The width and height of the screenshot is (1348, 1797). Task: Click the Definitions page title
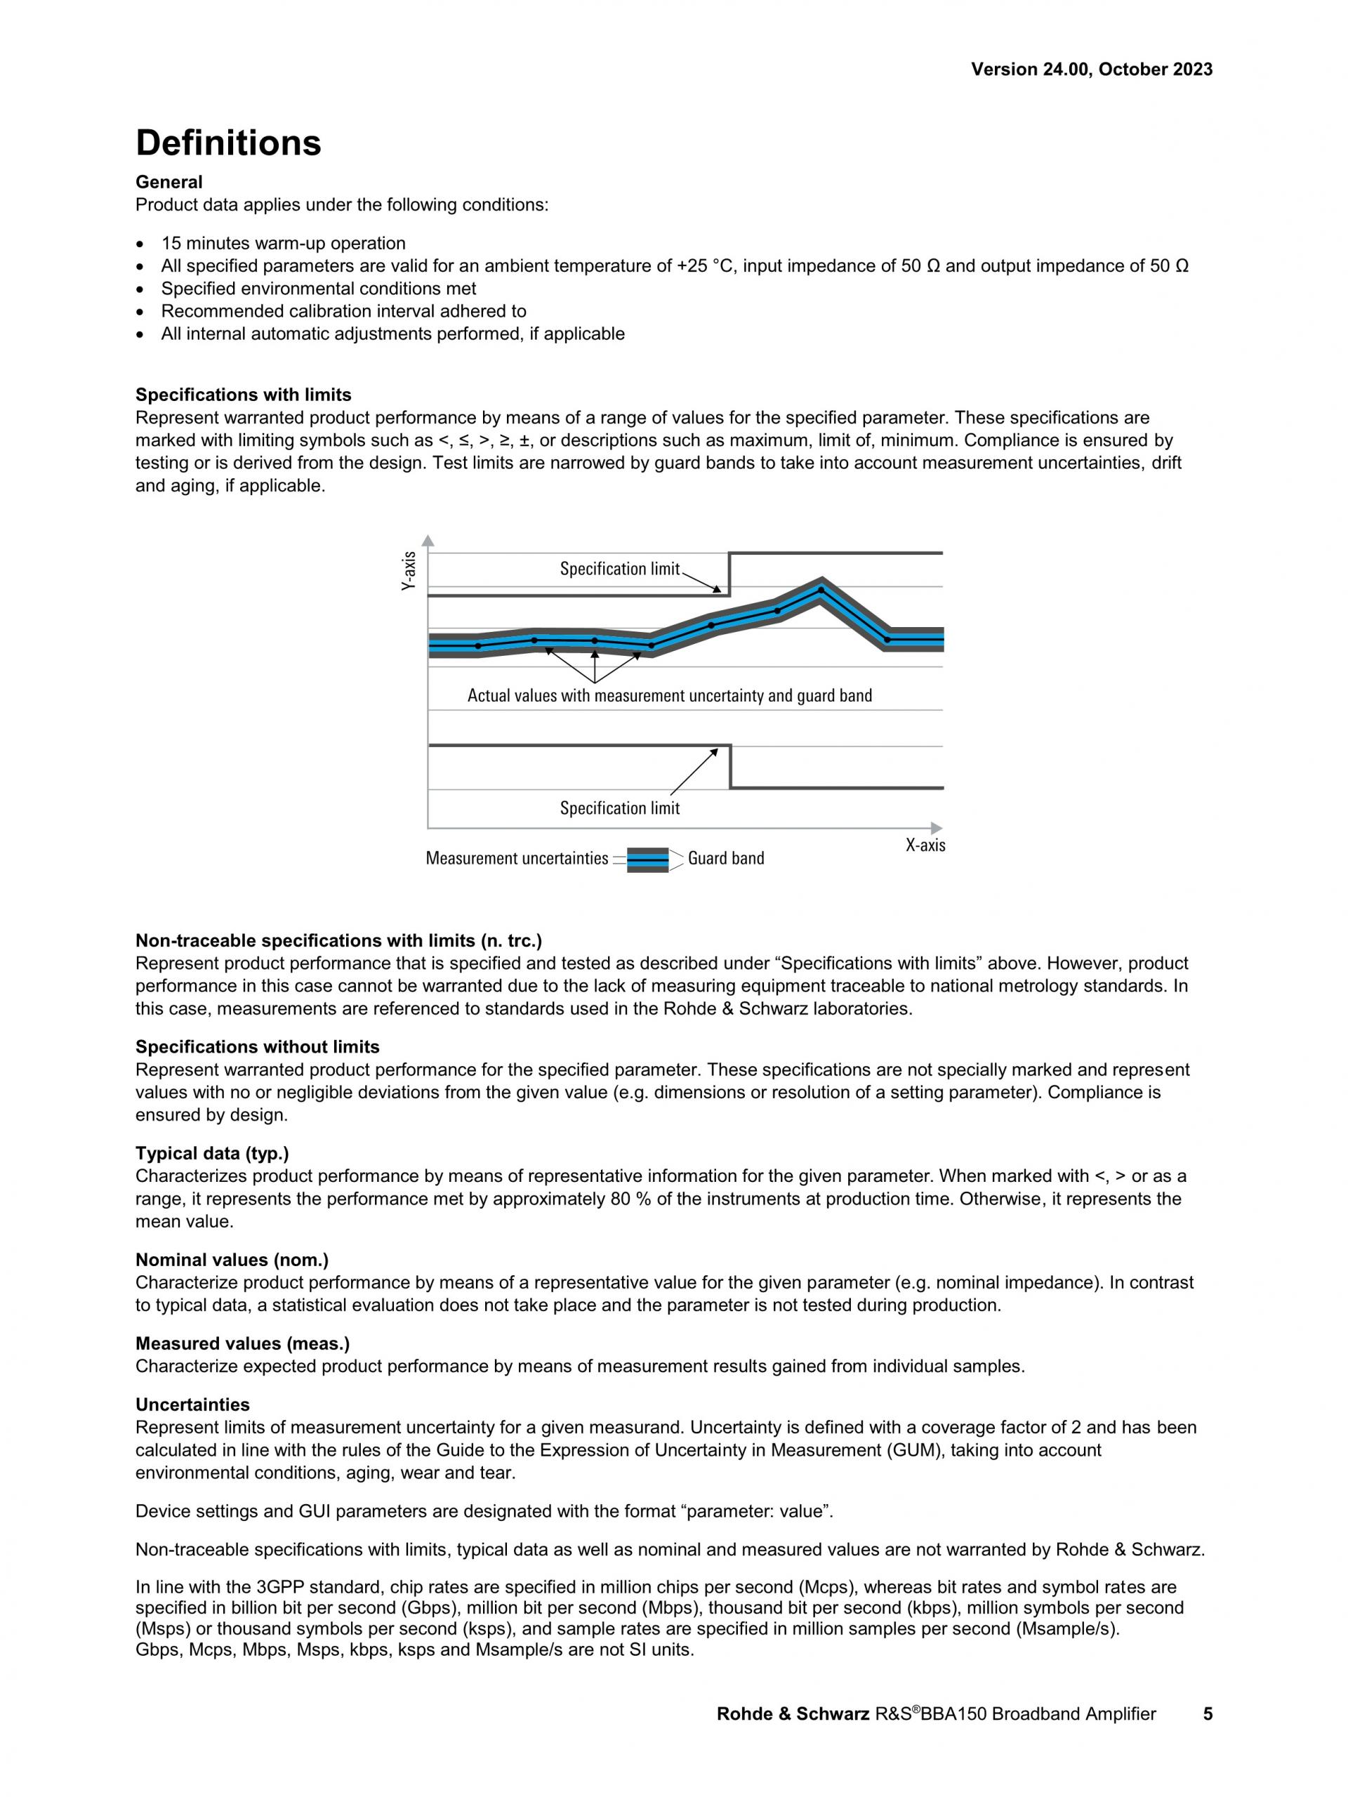coord(228,143)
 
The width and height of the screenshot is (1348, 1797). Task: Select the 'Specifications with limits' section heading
coord(243,395)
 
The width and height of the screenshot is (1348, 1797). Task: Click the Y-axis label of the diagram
coord(409,570)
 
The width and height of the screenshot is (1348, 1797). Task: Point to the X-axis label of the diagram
coord(925,845)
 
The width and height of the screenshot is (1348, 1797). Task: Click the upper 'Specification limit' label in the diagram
coord(619,569)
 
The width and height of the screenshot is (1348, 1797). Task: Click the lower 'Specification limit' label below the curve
coord(619,808)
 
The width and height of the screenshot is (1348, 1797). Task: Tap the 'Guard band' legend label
coord(725,859)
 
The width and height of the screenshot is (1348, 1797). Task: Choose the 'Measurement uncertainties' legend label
coord(517,859)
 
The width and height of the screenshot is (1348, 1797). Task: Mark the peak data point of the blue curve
coord(820,590)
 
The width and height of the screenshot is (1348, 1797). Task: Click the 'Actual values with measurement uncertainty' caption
coord(669,695)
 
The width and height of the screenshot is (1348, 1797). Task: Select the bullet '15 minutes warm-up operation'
coord(283,244)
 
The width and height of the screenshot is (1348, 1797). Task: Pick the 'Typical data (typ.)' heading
coord(212,1154)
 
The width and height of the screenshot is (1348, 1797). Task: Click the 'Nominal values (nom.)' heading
coord(232,1260)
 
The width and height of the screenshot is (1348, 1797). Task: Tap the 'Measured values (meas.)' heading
coord(242,1343)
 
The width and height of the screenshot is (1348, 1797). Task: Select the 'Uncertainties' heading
coord(192,1404)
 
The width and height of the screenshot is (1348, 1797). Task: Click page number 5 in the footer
coord(1208,1714)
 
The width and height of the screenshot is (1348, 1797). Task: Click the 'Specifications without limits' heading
coord(258,1047)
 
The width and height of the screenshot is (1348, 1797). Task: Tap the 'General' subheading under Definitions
coord(169,182)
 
